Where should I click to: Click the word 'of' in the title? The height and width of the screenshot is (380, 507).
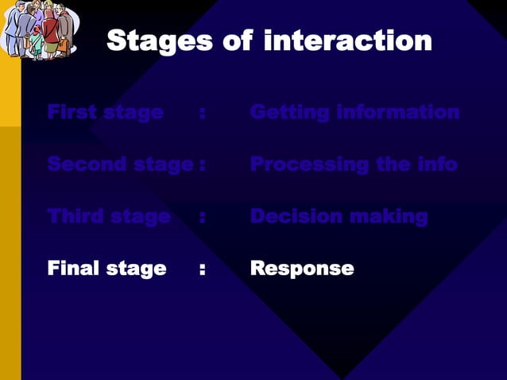[x=238, y=41]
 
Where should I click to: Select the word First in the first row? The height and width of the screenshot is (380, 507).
[x=68, y=112]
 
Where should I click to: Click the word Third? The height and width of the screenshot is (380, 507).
[x=75, y=215]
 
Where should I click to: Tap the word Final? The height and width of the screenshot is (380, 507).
[x=72, y=268]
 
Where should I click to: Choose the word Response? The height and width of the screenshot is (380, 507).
[x=302, y=269]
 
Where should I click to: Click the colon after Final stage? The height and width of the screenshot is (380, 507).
[x=203, y=269]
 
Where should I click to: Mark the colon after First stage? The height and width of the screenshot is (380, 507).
[x=203, y=113]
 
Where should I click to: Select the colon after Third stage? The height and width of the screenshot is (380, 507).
[x=203, y=216]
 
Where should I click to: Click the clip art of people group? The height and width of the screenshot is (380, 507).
[x=40, y=29]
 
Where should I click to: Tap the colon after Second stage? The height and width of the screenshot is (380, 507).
[x=203, y=165]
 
